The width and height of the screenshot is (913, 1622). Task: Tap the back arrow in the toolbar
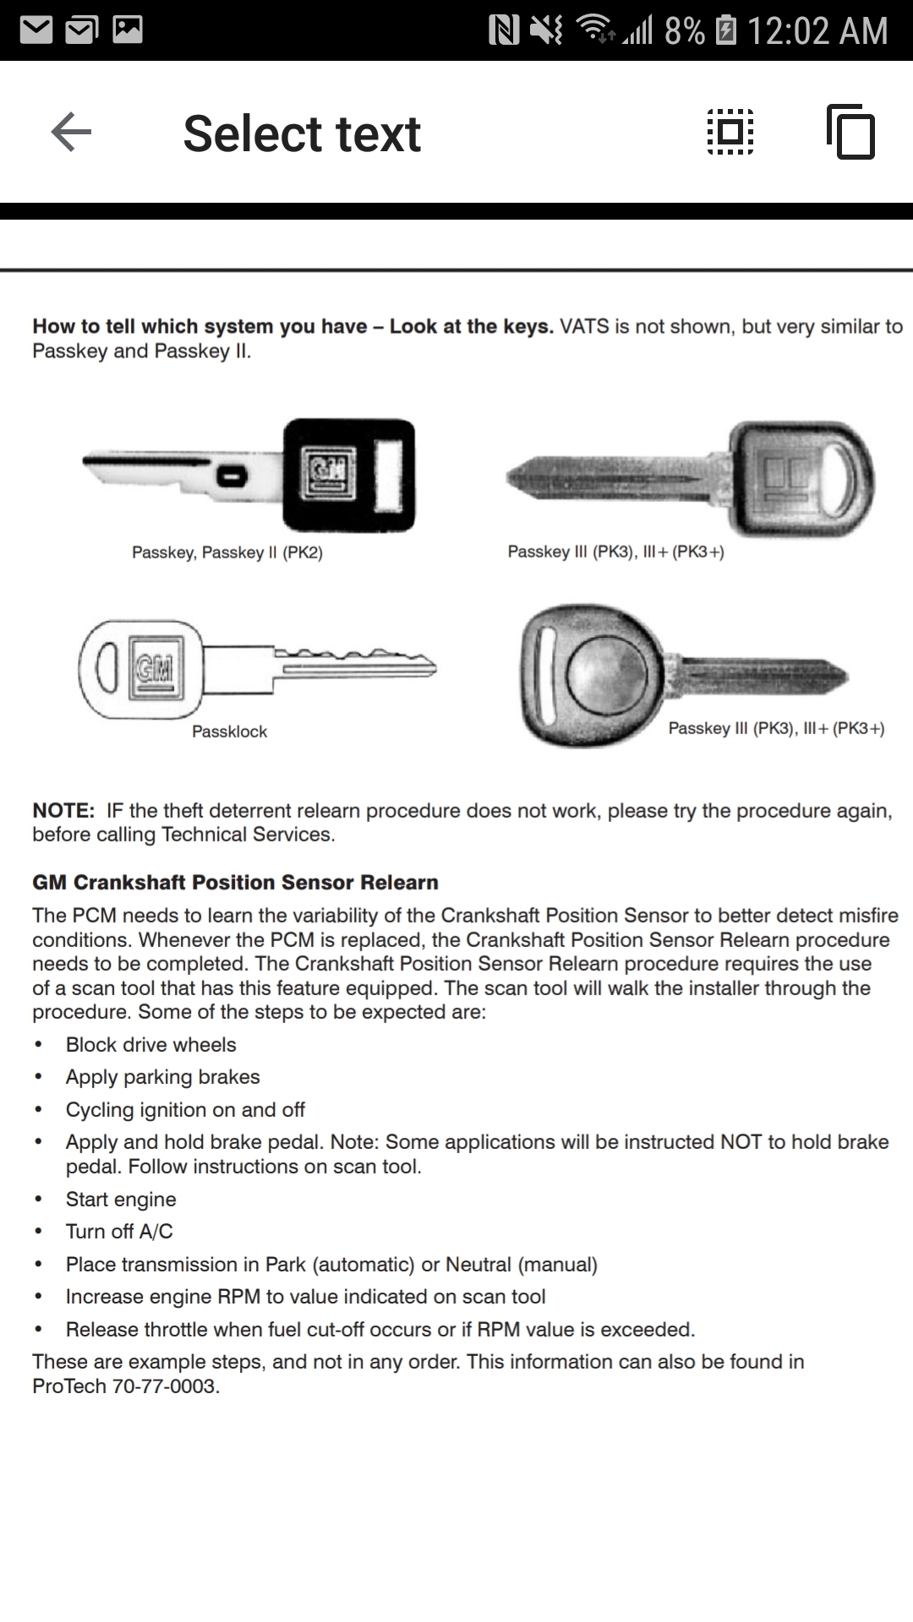point(71,133)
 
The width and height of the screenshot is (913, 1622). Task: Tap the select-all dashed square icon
point(730,133)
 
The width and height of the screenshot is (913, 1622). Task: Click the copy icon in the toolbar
point(851,133)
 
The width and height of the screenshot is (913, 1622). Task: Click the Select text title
point(302,133)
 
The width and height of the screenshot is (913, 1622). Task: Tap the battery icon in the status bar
point(725,31)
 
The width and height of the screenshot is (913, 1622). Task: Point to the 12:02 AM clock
point(817,31)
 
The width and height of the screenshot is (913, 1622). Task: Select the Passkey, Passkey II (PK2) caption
point(227,552)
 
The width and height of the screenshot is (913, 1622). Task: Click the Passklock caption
point(229,732)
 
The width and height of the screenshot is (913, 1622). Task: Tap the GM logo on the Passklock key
point(156,667)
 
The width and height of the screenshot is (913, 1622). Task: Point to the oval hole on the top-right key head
point(847,480)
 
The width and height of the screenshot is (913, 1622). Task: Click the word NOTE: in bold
point(63,811)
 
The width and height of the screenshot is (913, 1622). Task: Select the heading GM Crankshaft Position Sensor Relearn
point(235,883)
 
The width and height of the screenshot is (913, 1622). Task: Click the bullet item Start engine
point(121,1200)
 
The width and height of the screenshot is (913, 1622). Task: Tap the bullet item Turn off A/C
point(119,1232)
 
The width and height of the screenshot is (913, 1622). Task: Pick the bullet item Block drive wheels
point(150,1045)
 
